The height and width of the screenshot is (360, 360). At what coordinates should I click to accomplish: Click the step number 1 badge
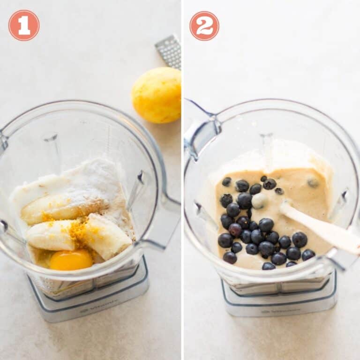click(24, 25)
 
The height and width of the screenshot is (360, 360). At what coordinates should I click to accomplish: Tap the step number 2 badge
click(204, 25)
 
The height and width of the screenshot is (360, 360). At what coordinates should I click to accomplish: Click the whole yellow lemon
click(157, 95)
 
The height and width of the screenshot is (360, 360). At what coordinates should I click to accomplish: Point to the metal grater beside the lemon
click(169, 51)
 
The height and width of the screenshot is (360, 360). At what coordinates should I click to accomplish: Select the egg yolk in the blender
click(71, 260)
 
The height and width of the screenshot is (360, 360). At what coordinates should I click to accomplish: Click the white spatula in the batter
click(323, 229)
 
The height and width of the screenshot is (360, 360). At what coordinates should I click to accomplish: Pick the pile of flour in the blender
click(94, 183)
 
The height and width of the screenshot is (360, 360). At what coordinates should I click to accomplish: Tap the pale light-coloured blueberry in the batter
click(259, 201)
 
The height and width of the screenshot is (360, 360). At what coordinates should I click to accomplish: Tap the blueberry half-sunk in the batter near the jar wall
click(313, 182)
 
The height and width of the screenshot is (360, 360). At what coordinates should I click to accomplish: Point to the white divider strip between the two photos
click(182, 187)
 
